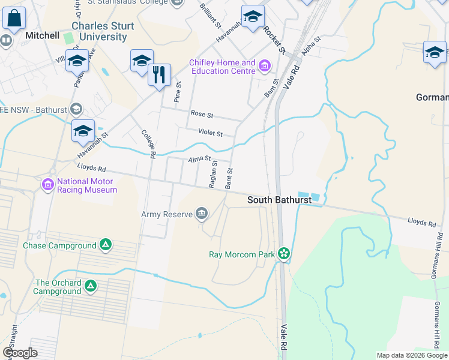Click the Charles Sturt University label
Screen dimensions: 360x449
pyautogui.click(x=99, y=31)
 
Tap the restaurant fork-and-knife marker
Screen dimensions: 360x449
pyautogui.click(x=159, y=75)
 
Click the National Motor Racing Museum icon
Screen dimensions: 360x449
pyautogui.click(x=48, y=185)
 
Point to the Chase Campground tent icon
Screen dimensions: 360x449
pyautogui.click(x=105, y=245)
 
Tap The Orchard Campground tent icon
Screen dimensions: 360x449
pyautogui.click(x=91, y=286)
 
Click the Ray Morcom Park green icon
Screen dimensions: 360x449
pyautogui.click(x=284, y=254)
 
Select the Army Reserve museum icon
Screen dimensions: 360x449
pyautogui.click(x=202, y=214)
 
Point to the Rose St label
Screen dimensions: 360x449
pyautogui.click(x=198, y=113)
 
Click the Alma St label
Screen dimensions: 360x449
pyautogui.click(x=199, y=160)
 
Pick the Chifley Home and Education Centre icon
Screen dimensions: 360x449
pyautogui.click(x=264, y=64)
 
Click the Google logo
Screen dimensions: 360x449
pyautogui.click(x=20, y=353)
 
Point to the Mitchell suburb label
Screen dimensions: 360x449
pyautogui.click(x=42, y=35)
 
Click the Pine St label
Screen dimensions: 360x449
pyautogui.click(x=178, y=91)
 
